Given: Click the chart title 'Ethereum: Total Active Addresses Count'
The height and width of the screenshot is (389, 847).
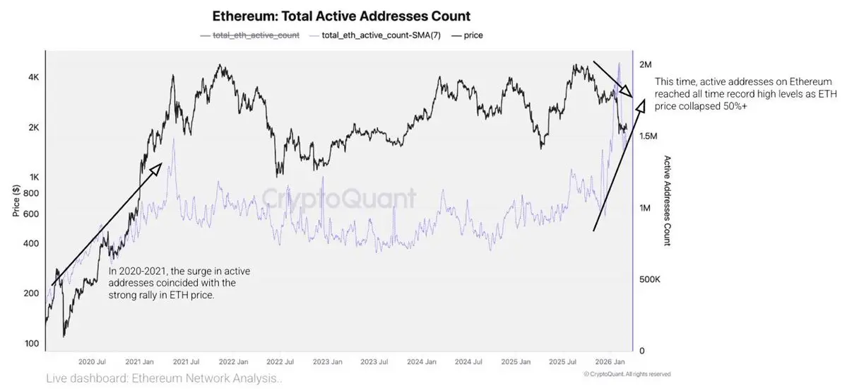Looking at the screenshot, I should click(341, 16).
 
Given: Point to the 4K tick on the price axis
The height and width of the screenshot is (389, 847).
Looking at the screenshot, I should click(32, 78).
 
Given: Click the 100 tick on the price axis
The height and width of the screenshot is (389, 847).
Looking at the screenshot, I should click(30, 344).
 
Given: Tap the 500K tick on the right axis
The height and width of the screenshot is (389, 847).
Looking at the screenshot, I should click(649, 279).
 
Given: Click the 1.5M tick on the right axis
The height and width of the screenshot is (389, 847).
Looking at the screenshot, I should click(649, 136).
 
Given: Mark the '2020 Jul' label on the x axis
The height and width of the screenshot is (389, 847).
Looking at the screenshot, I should click(92, 361).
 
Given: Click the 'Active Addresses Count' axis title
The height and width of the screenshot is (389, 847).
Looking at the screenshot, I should click(666, 201).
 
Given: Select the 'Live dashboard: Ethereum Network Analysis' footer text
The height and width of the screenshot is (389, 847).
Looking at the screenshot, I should click(164, 379).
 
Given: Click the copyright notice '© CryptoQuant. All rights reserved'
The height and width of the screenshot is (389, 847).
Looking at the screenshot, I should click(627, 374).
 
